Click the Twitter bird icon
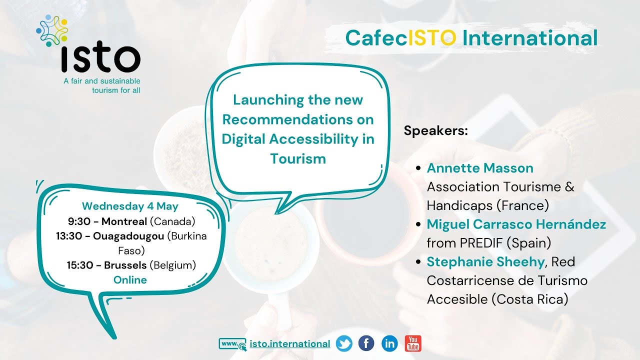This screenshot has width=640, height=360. tap(344, 343)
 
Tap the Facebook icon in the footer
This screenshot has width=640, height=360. tap(366, 343)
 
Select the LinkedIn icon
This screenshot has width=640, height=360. tap(389, 343)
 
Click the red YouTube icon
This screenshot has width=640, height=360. tap(413, 343)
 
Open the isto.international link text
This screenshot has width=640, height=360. tap(289, 344)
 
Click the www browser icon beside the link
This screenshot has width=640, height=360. tap(232, 344)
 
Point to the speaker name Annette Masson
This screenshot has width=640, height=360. tap(480, 168)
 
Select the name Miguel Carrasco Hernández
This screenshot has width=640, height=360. tap(516, 224)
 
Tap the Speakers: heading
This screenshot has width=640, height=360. tap(435, 131)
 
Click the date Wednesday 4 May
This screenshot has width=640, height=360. tap(130, 206)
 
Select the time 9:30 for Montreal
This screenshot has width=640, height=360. tap(77, 221)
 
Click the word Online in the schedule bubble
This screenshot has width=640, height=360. tap(130, 280)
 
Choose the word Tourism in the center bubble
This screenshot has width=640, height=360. tap(298, 158)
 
